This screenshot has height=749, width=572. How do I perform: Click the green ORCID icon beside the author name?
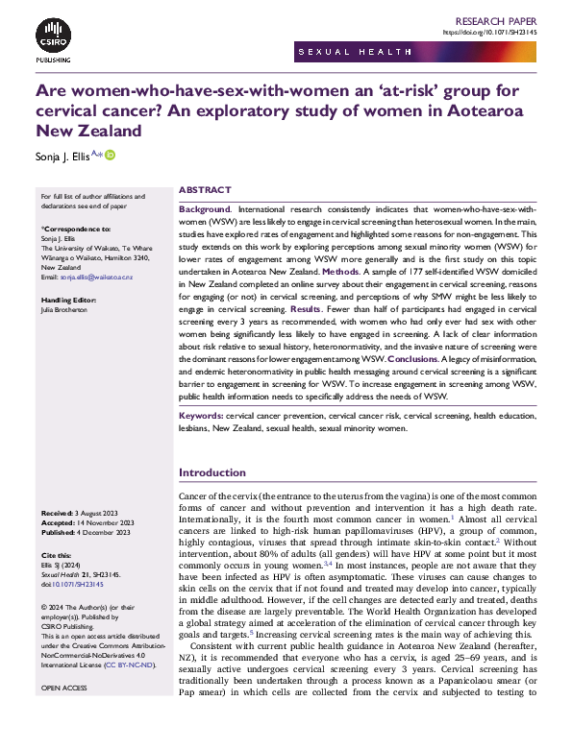pos(111,156)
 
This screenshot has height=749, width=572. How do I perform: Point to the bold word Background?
pos(205,208)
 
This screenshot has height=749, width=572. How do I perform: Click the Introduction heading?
pos(213,472)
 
